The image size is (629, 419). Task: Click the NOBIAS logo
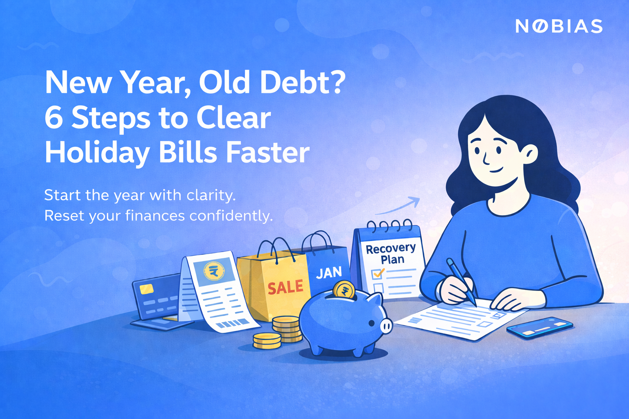559,26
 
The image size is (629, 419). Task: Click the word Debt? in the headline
303,83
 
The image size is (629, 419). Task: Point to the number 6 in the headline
53,118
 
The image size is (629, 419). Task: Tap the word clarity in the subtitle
210,195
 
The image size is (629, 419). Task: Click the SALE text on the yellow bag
285,287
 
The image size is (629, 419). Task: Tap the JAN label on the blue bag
329,273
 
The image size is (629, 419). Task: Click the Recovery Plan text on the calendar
391,254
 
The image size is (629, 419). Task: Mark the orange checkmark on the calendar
378,273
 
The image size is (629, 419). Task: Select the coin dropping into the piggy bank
344,290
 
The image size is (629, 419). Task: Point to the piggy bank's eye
371,323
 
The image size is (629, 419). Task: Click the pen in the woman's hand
462,282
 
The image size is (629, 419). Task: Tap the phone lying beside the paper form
539,328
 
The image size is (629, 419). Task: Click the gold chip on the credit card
147,289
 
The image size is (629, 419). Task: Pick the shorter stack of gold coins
267,340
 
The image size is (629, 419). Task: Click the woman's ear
530,155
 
